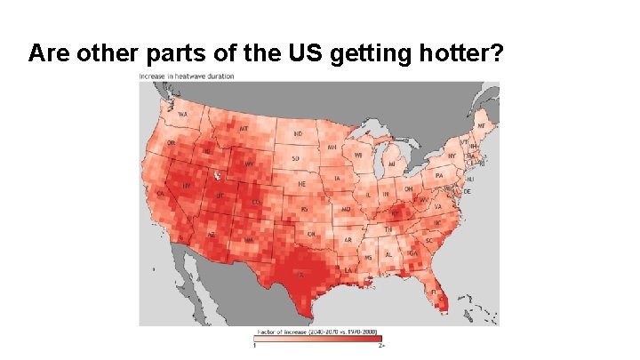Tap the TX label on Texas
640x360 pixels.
click(300, 275)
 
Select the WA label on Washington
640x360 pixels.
click(182, 115)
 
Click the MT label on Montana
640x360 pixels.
click(243, 128)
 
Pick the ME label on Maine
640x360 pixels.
click(481, 126)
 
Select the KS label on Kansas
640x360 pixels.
click(305, 209)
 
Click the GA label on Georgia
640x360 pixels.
click(414, 252)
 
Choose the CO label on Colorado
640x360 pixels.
click(257, 203)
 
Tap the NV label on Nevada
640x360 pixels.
click(187, 186)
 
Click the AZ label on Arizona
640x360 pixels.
click(212, 233)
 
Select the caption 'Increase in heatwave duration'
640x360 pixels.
click(187, 76)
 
